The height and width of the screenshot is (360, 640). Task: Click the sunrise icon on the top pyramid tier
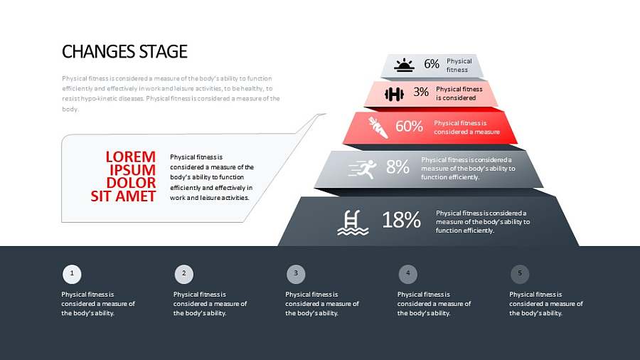404,65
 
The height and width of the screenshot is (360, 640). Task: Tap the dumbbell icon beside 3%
394,95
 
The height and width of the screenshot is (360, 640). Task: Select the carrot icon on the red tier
378,127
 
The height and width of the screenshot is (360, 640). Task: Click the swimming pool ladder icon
353,223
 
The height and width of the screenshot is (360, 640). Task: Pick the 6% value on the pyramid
432,64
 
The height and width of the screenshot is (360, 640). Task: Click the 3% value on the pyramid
421,92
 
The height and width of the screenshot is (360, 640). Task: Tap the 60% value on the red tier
409,126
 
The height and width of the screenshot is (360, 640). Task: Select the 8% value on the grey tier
398,167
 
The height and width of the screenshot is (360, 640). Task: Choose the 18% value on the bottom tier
401,220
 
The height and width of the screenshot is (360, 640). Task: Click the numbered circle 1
72,274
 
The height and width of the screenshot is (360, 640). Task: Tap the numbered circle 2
184,274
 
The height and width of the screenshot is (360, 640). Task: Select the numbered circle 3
296,274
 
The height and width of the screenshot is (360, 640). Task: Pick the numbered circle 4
407,274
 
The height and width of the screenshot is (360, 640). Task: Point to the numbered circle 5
520,274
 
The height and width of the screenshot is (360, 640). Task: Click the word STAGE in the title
164,52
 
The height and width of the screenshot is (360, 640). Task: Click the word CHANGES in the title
99,52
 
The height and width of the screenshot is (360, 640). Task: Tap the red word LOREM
131,157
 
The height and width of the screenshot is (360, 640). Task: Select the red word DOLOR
131,183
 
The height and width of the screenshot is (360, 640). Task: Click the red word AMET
136,196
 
